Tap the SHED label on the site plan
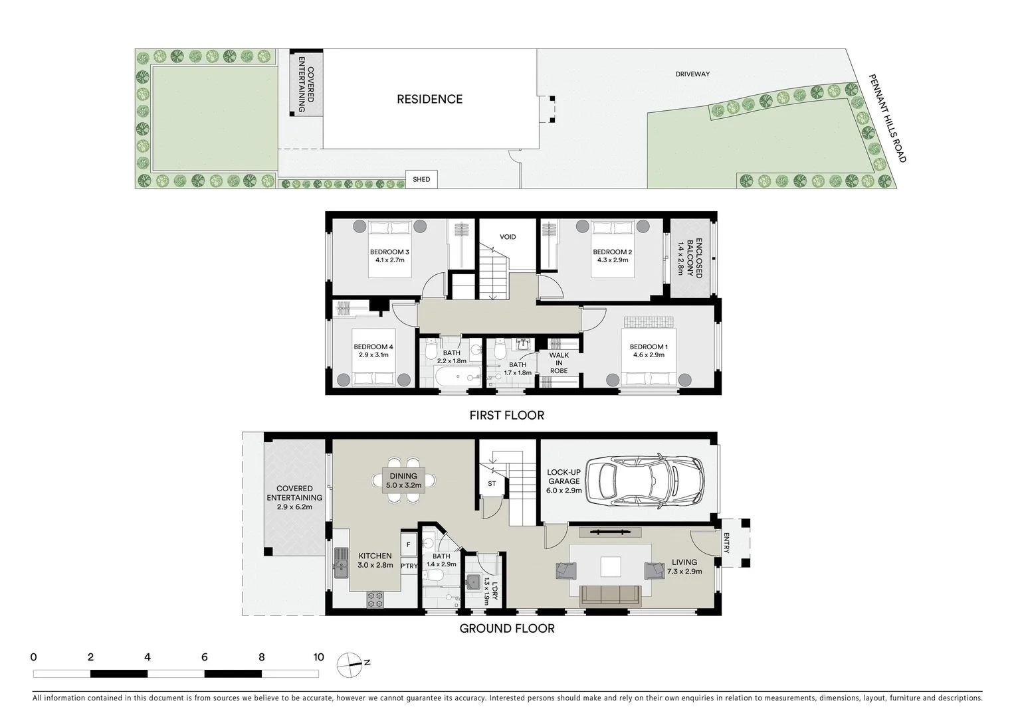[421, 179]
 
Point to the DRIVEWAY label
[692, 74]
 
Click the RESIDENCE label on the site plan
[429, 100]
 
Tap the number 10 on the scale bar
[318, 657]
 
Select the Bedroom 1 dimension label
[648, 355]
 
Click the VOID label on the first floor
[508, 237]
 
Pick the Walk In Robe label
[559, 363]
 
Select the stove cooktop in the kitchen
[375, 599]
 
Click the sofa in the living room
[611, 596]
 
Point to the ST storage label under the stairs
[492, 484]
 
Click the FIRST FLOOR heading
[506, 416]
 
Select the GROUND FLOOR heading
[506, 628]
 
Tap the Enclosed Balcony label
[690, 258]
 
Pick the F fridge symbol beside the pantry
[408, 544]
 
